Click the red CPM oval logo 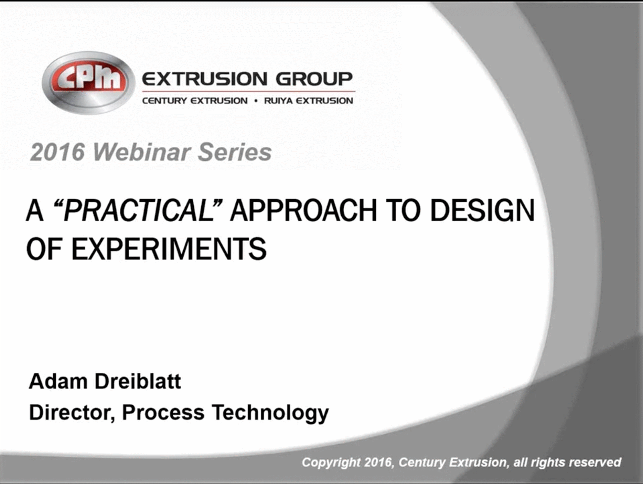click(88, 83)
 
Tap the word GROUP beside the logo click(314, 79)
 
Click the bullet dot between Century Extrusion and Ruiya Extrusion click(256, 101)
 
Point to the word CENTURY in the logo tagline click(164, 101)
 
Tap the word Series click(235, 152)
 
